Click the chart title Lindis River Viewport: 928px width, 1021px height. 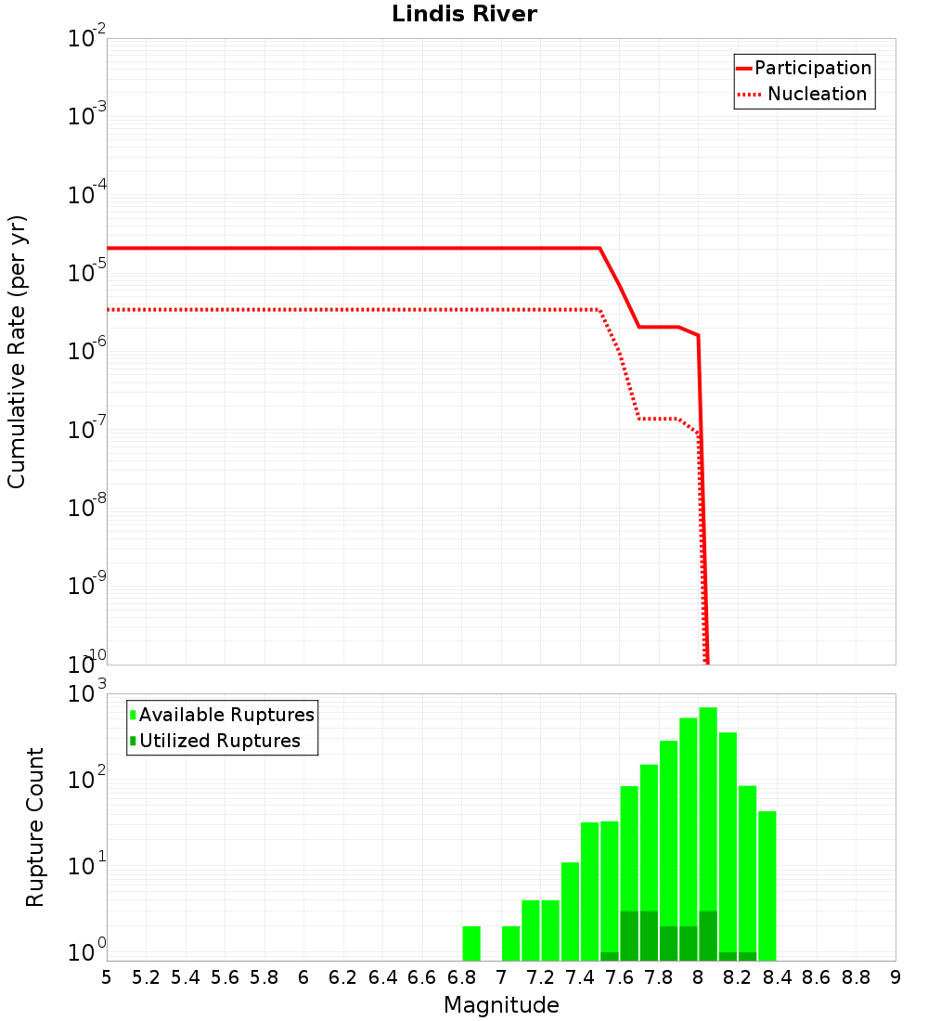click(x=464, y=14)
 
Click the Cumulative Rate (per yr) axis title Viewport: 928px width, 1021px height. click(x=17, y=351)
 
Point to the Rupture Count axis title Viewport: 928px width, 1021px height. click(x=35, y=827)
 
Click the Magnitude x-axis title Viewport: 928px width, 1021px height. click(x=501, y=1005)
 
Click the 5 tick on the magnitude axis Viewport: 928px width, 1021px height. click(x=107, y=977)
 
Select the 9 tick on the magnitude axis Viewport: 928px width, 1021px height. click(x=896, y=977)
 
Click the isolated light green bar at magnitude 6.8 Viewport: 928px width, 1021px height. click(x=471, y=943)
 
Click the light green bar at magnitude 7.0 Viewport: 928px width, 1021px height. click(x=510, y=943)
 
